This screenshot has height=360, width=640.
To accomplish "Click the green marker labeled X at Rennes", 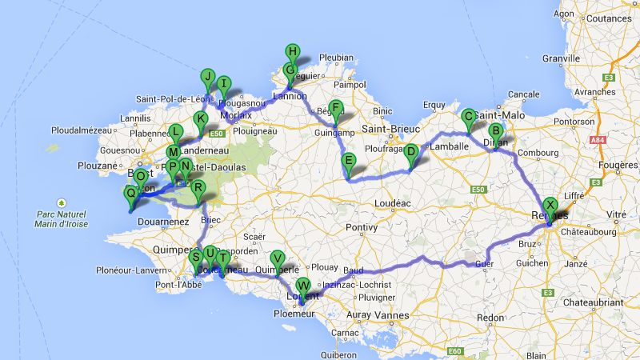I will [x=550, y=205].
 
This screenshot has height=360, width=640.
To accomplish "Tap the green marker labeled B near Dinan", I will [x=495, y=131].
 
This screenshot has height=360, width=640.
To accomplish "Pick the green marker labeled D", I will [x=410, y=151].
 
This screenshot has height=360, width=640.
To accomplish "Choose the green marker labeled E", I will [x=348, y=162].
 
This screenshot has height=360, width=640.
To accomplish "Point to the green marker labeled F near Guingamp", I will [x=336, y=109].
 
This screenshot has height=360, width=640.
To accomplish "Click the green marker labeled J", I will [x=208, y=78].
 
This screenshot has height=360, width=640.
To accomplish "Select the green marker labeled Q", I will [x=130, y=193].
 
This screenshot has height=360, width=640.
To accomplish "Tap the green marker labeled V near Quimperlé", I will [x=277, y=258].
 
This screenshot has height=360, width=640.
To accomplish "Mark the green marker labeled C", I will [x=468, y=117].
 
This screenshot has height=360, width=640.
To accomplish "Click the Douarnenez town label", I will [x=162, y=221].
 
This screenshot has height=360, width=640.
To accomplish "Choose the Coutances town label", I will [x=610, y=18].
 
